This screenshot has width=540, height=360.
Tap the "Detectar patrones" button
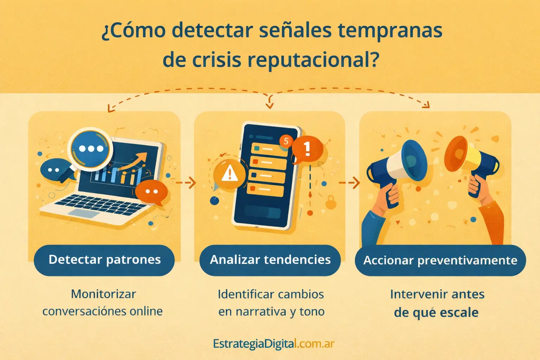pyautogui.click(x=104, y=260)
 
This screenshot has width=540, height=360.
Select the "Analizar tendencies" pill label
pyautogui.click(x=270, y=260)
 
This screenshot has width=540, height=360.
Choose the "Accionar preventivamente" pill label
pyautogui.click(x=440, y=261)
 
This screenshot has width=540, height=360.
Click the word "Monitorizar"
pyautogui.click(x=103, y=294)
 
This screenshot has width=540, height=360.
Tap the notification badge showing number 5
pyautogui.click(x=286, y=141)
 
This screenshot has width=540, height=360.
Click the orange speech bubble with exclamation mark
pyautogui.click(x=307, y=149)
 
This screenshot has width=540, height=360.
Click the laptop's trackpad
pyautogui.click(x=84, y=213)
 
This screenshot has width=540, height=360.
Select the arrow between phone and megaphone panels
pyautogui.click(x=349, y=182)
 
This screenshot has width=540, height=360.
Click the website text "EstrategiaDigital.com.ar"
pyautogui.click(x=274, y=343)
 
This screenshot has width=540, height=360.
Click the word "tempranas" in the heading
pyautogui.click(x=390, y=31)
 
